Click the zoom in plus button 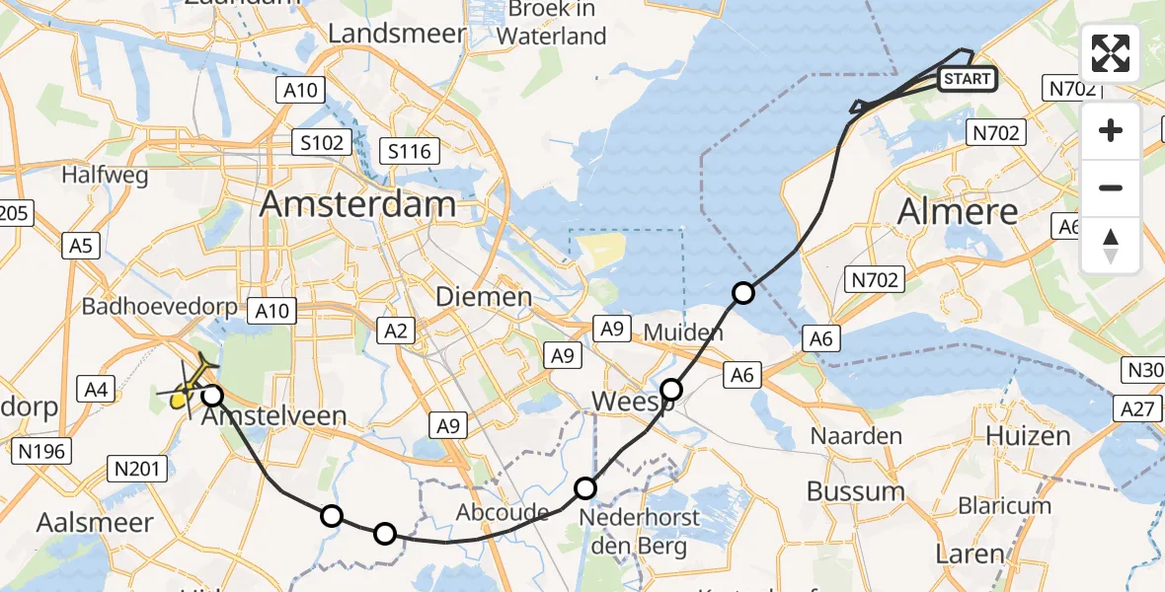(x=1111, y=130)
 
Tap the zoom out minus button (x=1111, y=187)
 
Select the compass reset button (x=1111, y=245)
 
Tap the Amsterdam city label (x=357, y=205)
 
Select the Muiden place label (x=683, y=333)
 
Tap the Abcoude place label (x=502, y=513)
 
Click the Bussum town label (x=855, y=491)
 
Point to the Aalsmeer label (x=95, y=523)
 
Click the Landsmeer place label (x=396, y=33)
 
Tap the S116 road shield (x=409, y=151)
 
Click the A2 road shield (x=395, y=332)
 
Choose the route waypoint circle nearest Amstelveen (x=212, y=397)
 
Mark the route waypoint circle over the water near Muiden (x=742, y=293)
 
